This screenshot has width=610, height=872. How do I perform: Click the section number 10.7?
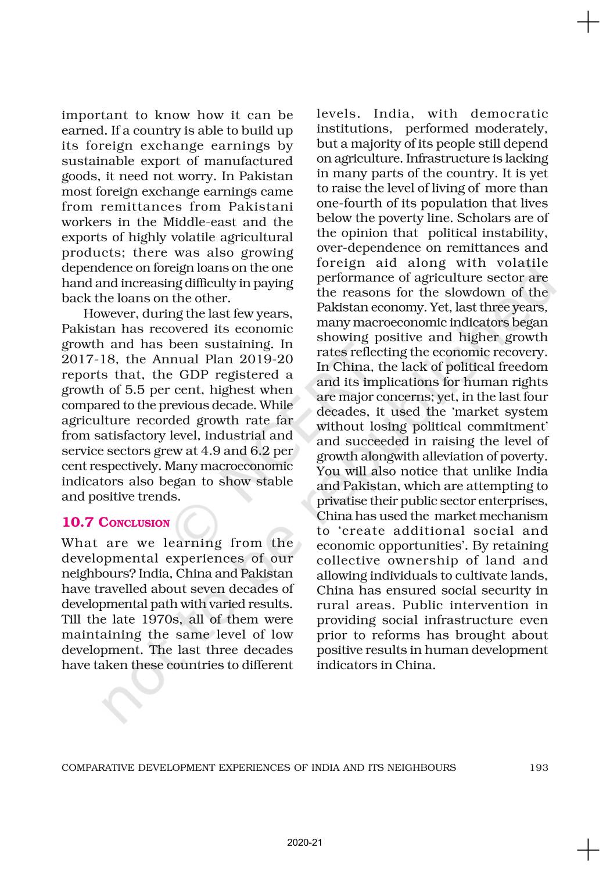pyautogui.click(x=77, y=522)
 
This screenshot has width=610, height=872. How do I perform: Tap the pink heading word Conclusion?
pyautogui.click(x=134, y=523)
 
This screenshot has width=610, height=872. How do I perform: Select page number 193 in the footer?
pyautogui.click(x=539, y=767)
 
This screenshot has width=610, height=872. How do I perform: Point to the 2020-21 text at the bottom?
pyautogui.click(x=304, y=842)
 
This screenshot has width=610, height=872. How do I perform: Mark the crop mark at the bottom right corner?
pyautogui.click(x=588, y=850)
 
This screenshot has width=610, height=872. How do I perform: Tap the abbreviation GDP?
pyautogui.click(x=198, y=375)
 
